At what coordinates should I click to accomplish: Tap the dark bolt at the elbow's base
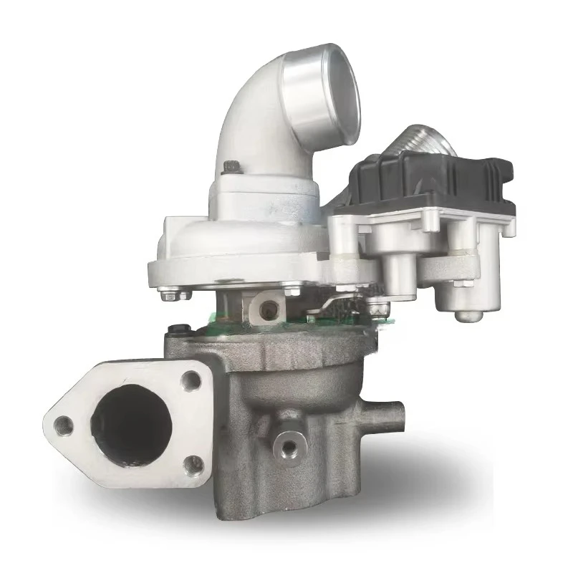click(231, 167)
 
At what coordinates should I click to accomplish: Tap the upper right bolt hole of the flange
click(191, 380)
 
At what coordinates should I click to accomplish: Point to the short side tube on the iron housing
click(390, 414)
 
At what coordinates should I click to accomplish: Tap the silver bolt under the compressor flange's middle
click(292, 290)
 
